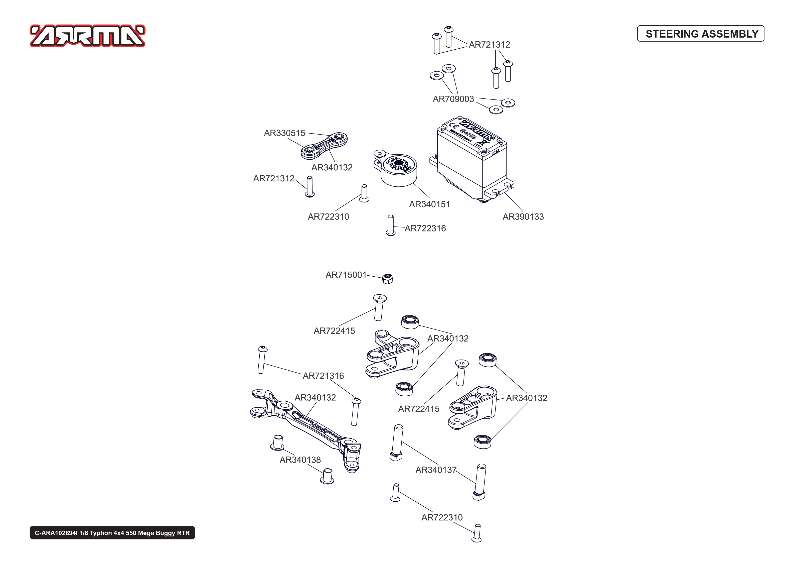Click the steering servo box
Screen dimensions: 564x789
click(472, 160)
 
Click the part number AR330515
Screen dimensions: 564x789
click(284, 133)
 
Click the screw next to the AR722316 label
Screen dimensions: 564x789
click(390, 225)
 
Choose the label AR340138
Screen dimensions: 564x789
click(300, 460)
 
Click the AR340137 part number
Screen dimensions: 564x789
click(436, 470)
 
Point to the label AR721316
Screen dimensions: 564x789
click(323, 376)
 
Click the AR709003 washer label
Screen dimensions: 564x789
click(453, 99)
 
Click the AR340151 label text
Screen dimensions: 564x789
click(429, 204)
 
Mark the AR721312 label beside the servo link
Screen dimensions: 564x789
click(273, 178)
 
